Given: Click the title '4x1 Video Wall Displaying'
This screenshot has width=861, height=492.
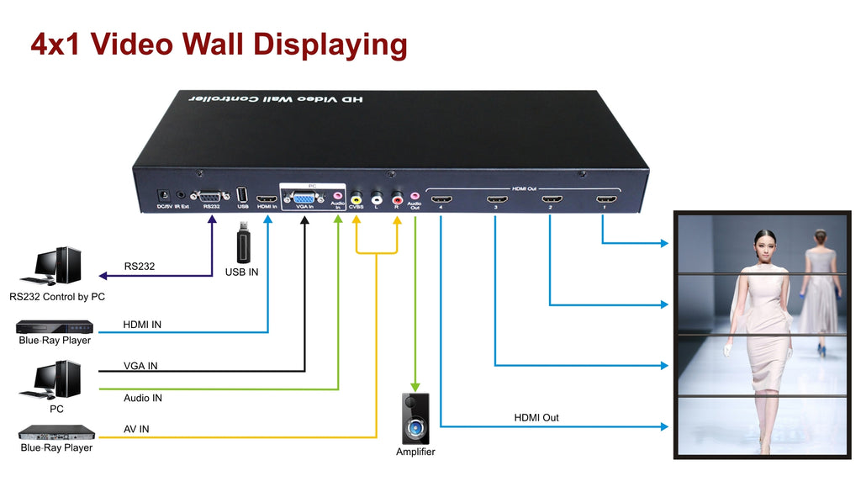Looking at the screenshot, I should (219, 44).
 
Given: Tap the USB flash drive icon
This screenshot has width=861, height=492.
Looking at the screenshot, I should (243, 244).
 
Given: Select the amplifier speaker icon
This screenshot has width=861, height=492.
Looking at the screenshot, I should (415, 420).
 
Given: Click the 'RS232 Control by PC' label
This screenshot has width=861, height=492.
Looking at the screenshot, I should (57, 297).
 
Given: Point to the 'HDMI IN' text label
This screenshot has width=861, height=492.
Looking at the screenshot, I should (142, 325).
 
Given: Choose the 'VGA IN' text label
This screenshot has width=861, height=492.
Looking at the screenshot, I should (140, 366).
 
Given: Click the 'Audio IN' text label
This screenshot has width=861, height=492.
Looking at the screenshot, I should (143, 398).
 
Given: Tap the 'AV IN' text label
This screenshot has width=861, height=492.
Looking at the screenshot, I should (136, 429).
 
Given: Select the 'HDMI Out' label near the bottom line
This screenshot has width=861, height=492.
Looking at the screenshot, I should (536, 418).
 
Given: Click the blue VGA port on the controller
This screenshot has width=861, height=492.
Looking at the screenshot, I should (302, 198).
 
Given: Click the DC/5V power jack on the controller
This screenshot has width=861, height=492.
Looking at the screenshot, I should (165, 195).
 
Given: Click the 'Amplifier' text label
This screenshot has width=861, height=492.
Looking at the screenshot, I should (415, 452).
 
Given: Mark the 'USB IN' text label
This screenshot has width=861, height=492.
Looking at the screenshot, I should (241, 272).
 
